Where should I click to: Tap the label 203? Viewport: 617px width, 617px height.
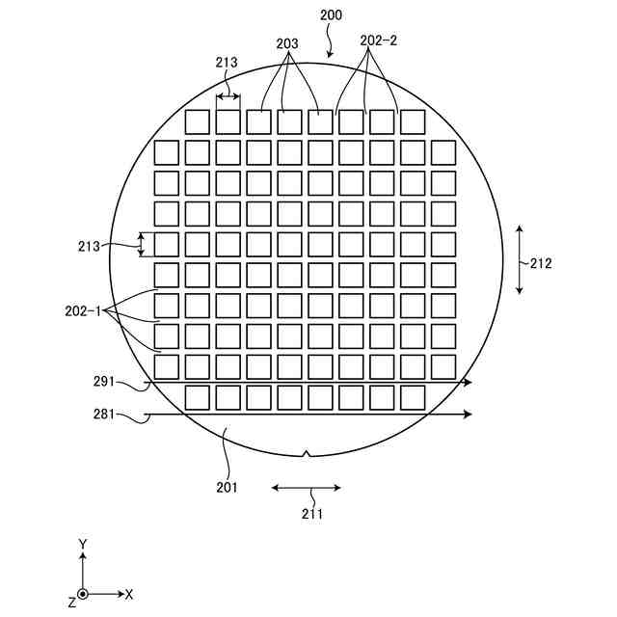[x=286, y=43]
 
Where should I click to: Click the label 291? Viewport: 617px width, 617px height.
[x=104, y=382]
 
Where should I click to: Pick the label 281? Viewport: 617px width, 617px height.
[x=104, y=415]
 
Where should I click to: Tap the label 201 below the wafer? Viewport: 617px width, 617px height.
[x=227, y=487]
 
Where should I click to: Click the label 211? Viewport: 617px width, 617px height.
[x=310, y=514]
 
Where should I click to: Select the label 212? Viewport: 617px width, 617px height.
[x=541, y=262]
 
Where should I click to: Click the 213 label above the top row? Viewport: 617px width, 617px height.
[x=227, y=63]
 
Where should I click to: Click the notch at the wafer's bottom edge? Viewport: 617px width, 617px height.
[x=307, y=453]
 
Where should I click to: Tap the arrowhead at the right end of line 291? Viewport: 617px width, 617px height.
[x=468, y=383]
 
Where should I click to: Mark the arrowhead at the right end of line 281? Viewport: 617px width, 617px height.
[x=468, y=414]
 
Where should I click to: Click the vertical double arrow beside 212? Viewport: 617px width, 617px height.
[x=520, y=259]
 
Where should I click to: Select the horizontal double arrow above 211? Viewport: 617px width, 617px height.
[x=306, y=488]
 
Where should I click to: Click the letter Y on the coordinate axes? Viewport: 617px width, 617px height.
[x=83, y=545]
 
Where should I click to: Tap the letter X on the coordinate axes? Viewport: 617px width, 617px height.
[x=129, y=594]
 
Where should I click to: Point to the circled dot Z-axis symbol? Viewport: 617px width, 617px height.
[x=83, y=594]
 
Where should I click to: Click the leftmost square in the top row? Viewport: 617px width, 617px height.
[x=197, y=121]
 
